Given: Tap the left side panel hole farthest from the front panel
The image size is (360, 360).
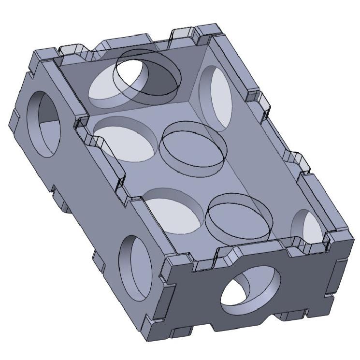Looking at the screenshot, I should (x=44, y=123).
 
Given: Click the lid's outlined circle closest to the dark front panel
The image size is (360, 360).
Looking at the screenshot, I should (x=239, y=216).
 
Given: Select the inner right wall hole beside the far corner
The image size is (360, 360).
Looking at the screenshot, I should (x=216, y=97).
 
